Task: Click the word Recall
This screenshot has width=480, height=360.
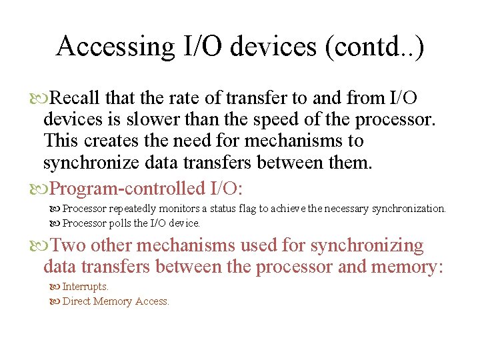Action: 75,99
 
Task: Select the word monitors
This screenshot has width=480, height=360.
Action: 182,209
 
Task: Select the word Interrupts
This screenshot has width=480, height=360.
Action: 85,287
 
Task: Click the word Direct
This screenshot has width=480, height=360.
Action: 77,301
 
